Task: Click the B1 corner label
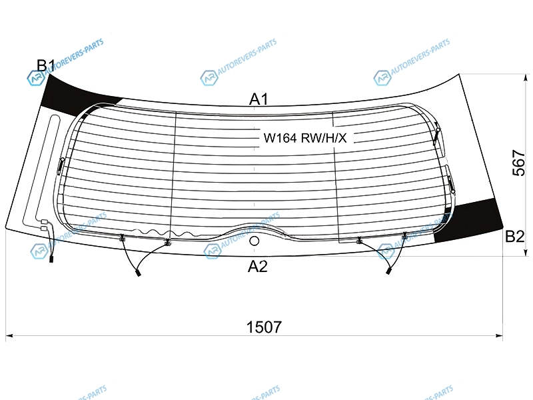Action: [x=46, y=65]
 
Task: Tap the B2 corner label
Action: [x=514, y=237]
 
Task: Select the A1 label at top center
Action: [x=259, y=99]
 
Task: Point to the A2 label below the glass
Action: [x=258, y=266]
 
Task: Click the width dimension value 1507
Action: [x=264, y=327]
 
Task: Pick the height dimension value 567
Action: [x=518, y=163]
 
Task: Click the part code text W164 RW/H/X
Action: [x=305, y=138]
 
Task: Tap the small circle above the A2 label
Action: [x=255, y=241]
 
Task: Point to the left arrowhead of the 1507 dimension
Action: [x=9, y=336]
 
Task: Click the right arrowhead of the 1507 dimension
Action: [x=499, y=336]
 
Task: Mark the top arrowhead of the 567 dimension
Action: [x=526, y=78]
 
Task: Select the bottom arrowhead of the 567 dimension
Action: [x=526, y=252]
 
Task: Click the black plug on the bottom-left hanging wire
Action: [x=139, y=273]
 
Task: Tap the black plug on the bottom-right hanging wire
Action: [x=388, y=271]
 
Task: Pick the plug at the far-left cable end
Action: [x=51, y=259]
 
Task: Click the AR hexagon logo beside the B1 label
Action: [x=36, y=78]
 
